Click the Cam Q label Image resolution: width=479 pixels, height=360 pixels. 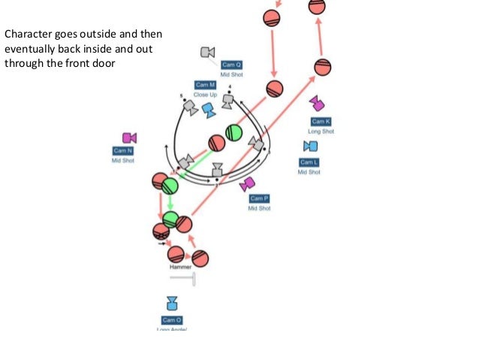(232, 65)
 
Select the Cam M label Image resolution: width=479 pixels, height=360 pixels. (206, 85)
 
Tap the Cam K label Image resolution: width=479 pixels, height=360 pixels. (321, 122)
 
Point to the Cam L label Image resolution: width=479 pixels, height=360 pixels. (309, 162)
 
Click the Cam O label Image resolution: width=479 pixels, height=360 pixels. (173, 320)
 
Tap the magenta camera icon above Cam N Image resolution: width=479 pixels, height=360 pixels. (129, 138)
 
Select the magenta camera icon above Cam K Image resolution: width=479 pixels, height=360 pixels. (317, 104)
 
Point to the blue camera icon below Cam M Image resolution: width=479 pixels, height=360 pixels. (209, 110)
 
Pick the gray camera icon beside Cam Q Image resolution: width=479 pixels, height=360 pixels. (208, 52)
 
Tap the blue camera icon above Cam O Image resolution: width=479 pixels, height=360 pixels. (172, 303)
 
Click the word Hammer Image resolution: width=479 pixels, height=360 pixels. (180, 267)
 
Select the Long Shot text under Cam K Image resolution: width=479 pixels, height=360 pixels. (321, 132)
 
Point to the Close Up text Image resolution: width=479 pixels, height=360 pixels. (205, 95)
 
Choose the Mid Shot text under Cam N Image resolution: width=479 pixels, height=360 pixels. (123, 161)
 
